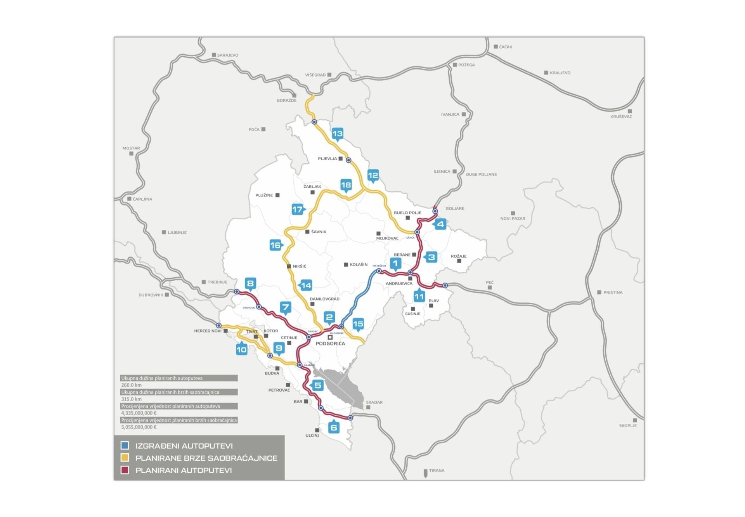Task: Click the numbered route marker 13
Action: (338, 134)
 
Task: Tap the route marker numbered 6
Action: (334, 427)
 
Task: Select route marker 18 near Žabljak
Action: (346, 185)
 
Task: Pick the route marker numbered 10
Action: (241, 349)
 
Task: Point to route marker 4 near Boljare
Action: (440, 224)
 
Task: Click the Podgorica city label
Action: (330, 344)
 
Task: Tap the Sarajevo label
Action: (228, 55)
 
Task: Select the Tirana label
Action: (437, 470)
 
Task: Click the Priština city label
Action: (613, 292)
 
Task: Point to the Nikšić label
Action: (299, 266)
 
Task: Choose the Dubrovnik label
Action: (151, 295)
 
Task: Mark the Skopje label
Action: (628, 426)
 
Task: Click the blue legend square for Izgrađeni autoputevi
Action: (125, 446)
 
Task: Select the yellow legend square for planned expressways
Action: (125, 458)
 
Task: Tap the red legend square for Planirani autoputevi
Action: (125, 470)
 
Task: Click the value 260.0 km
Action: (131, 385)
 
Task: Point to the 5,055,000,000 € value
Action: (139, 427)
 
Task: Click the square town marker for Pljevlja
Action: (341, 159)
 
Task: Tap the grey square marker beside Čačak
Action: (496, 47)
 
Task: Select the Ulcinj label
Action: (312, 435)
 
